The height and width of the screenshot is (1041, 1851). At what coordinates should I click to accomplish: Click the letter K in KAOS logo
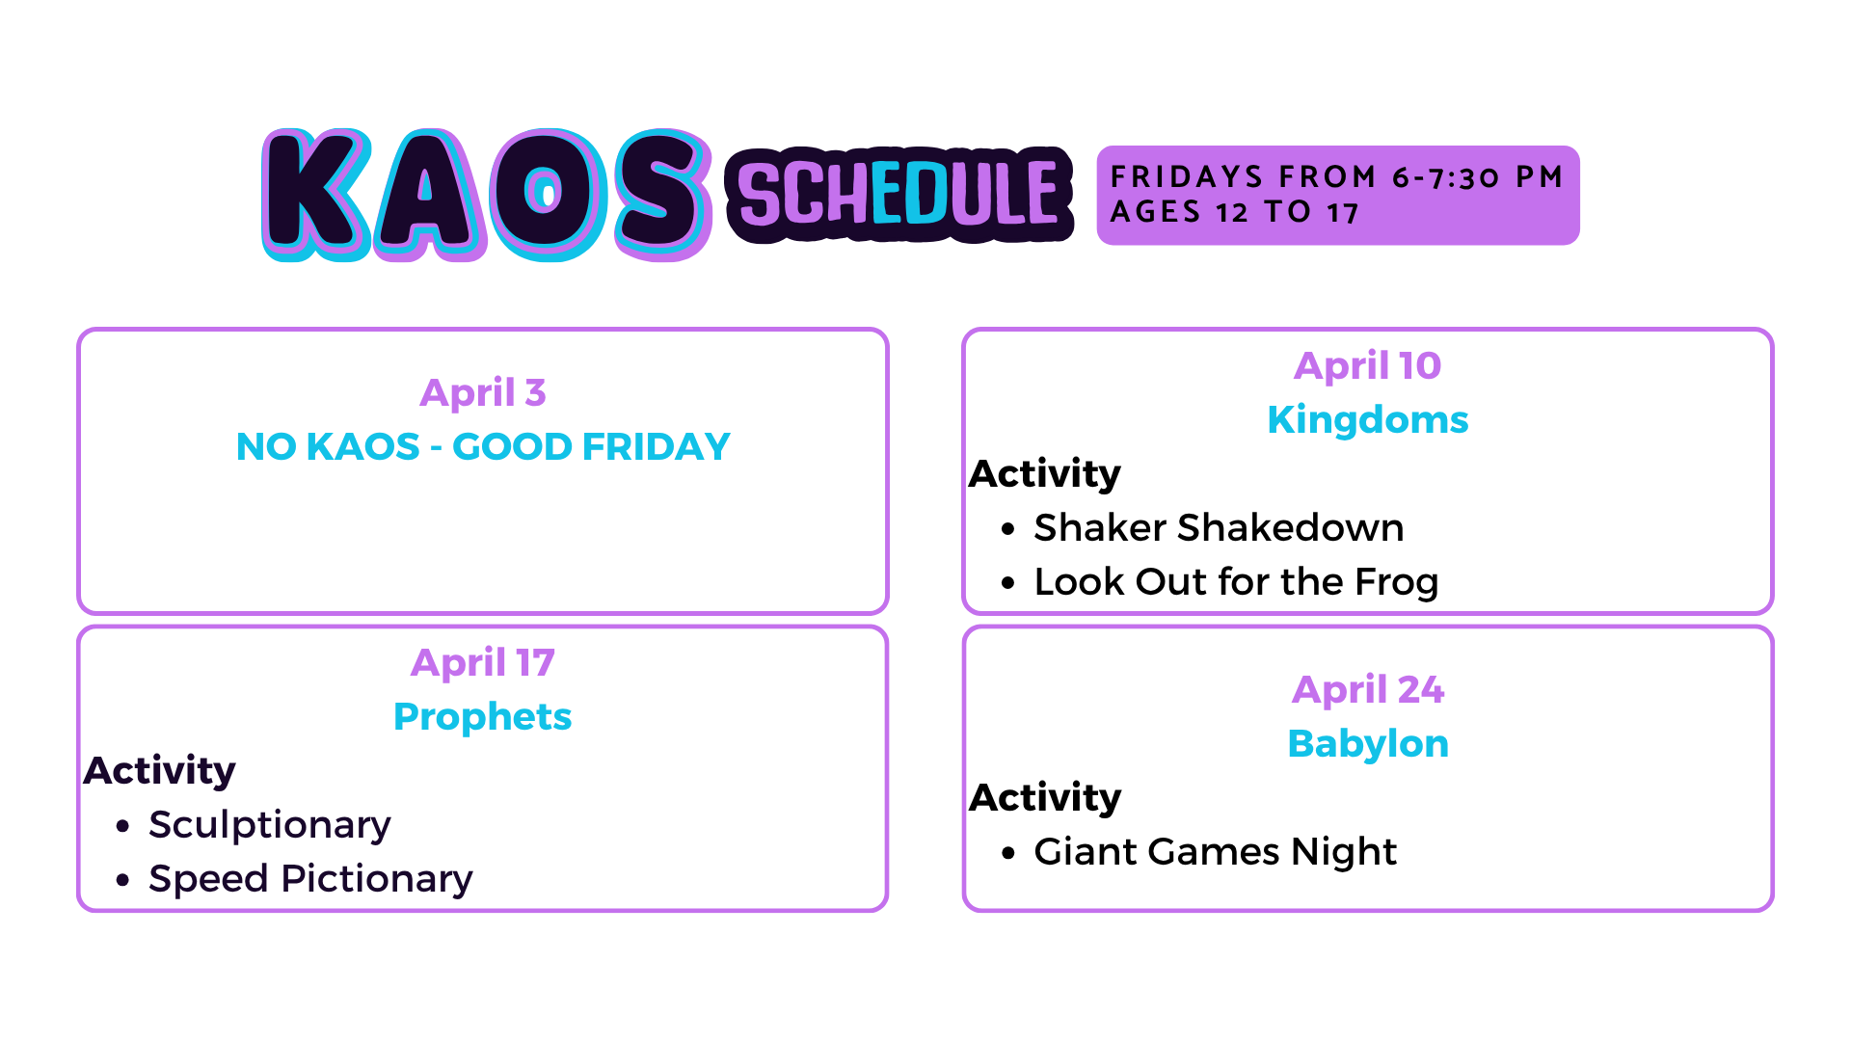(316, 193)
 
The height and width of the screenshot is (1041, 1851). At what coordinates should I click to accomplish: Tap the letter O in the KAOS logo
(546, 193)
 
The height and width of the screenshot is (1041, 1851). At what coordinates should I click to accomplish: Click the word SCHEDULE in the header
(899, 195)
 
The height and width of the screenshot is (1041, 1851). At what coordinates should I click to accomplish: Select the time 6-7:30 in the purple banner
(1446, 177)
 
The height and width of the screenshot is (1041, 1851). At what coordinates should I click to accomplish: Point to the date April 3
(483, 392)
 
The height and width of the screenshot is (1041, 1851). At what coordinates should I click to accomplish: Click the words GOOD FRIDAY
(591, 447)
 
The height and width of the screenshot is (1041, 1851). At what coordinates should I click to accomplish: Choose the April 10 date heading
(1367, 365)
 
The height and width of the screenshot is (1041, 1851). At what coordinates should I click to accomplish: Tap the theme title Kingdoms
(1367, 420)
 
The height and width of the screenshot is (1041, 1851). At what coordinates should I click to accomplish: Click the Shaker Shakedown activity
(1219, 528)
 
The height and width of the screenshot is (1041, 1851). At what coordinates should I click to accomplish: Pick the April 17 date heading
(483, 662)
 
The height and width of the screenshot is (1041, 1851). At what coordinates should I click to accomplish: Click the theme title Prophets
(483, 717)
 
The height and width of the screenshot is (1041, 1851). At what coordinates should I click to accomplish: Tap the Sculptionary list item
(270, 826)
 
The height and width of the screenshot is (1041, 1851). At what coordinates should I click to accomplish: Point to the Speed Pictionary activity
(310, 879)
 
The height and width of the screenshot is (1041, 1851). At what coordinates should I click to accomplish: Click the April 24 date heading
(1367, 689)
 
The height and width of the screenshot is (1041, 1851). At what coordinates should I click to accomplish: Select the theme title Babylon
(1367, 744)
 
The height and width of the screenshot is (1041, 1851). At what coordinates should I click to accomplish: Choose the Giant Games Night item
(1215, 852)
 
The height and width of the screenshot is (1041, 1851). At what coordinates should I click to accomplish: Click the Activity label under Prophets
(159, 771)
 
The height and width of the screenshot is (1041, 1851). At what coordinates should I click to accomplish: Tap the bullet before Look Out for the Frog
(1008, 583)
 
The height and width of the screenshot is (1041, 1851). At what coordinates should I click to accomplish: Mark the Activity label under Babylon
(1045, 798)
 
